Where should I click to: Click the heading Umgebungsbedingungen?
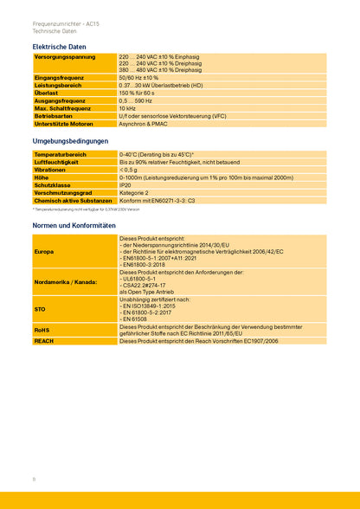point(70,140)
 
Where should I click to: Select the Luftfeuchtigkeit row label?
point(56,162)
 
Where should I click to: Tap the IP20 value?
point(125,185)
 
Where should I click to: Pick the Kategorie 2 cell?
point(134,193)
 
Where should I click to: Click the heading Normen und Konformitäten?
point(74,225)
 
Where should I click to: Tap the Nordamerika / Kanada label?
point(65,282)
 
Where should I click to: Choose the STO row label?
point(40,309)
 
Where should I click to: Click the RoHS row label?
point(42,330)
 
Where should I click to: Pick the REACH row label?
point(43,342)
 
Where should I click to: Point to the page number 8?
point(34,479)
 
